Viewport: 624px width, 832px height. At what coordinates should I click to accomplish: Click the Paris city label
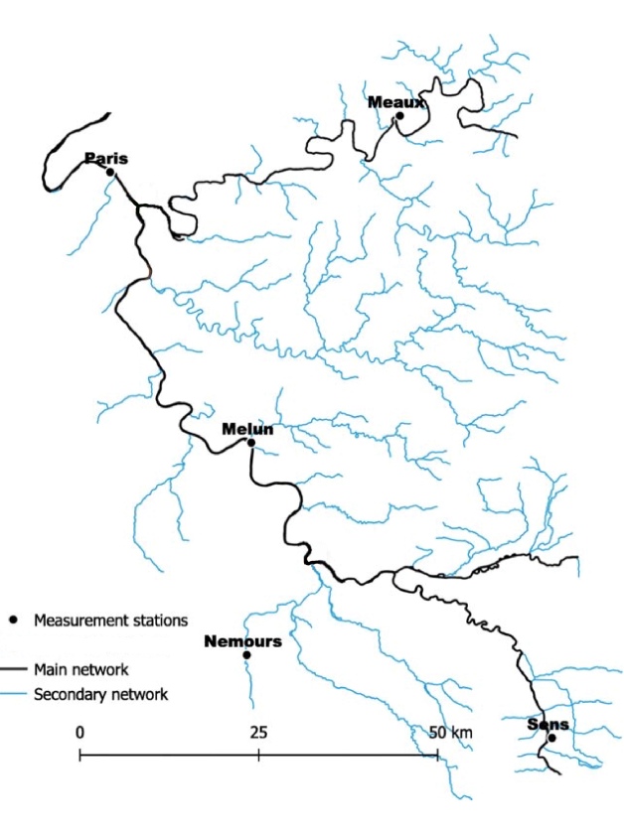coord(106,158)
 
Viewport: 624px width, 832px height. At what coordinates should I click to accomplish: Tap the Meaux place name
coord(396,101)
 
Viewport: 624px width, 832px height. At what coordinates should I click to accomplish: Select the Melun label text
coord(247,429)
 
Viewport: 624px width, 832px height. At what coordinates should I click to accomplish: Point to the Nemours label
coord(242,641)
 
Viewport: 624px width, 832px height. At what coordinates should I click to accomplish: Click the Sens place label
coord(547,725)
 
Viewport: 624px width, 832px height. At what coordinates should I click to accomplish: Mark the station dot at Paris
coord(110,172)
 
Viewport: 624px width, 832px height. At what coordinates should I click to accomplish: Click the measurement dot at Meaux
coord(399,115)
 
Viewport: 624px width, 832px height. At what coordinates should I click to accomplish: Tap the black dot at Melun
coord(250,443)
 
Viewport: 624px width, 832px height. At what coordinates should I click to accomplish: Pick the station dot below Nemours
coord(246,655)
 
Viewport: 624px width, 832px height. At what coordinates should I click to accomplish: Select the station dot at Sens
coord(551,738)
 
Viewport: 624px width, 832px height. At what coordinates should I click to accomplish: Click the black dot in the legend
coord(14,622)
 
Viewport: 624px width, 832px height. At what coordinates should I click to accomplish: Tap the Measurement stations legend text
coord(110,622)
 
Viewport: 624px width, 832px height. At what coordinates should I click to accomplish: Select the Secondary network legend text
coord(100,694)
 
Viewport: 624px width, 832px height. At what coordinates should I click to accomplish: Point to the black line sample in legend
coord(13,669)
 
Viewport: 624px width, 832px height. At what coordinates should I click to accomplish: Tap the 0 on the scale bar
coord(79,733)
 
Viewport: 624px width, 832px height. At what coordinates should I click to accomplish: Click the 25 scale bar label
coord(258,733)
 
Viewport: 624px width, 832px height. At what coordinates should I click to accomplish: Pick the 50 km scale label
coord(450,733)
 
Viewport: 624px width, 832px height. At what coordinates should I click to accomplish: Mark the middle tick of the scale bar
coord(258,756)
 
